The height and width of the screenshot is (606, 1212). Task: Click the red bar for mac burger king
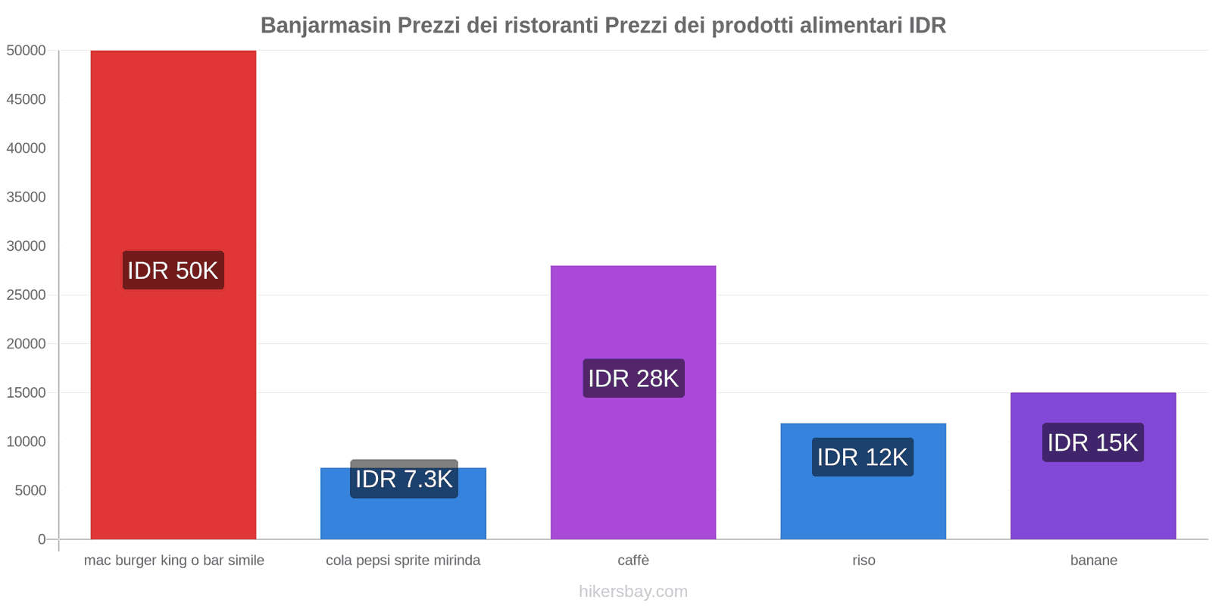tap(173, 151)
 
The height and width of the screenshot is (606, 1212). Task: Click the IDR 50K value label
tap(173, 270)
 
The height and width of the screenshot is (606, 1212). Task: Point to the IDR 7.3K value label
tap(404, 479)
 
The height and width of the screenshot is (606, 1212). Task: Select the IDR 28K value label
tap(633, 378)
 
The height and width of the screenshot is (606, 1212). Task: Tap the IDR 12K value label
tap(862, 457)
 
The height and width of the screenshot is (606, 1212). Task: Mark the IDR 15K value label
tap(1092, 442)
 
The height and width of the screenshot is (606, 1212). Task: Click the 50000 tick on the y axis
tap(27, 51)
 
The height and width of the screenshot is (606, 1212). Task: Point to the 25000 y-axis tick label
tap(27, 295)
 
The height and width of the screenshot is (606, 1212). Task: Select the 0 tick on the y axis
tap(42, 539)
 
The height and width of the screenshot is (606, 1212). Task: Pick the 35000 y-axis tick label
tap(27, 197)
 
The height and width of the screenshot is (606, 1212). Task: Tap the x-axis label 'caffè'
tap(633, 561)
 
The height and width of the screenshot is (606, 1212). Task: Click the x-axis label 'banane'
tap(1093, 561)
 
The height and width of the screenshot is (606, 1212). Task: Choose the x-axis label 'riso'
tap(864, 561)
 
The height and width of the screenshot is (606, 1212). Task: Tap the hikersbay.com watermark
tap(633, 592)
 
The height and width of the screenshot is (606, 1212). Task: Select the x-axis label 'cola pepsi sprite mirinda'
tap(403, 561)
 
